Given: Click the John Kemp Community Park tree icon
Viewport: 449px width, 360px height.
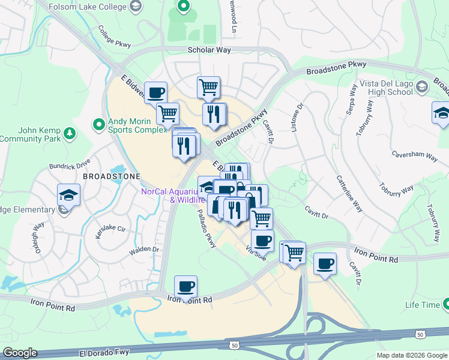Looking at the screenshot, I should point(70,132).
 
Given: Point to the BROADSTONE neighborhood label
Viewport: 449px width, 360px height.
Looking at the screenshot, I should point(111,176).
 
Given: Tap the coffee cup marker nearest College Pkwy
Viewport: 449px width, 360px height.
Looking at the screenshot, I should point(155,93).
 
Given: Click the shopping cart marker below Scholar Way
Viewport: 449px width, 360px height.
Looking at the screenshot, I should point(208,87).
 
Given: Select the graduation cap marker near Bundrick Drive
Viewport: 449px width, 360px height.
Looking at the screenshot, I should point(68,196).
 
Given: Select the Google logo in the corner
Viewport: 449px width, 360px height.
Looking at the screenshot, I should point(20,353).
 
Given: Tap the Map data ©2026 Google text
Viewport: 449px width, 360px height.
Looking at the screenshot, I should point(411,355).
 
